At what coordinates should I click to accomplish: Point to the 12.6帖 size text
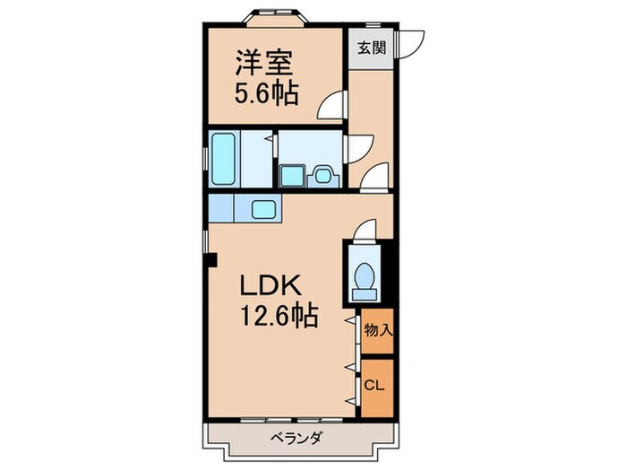click(279, 316)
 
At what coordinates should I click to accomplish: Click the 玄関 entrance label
click(373, 48)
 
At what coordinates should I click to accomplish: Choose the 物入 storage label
click(377, 330)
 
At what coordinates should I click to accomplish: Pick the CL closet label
click(375, 385)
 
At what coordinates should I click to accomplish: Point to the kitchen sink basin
click(265, 209)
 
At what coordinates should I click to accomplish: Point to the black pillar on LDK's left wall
click(211, 261)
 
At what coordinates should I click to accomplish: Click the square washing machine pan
click(291, 174)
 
